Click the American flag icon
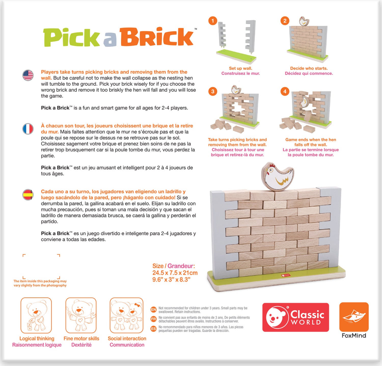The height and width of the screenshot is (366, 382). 28,75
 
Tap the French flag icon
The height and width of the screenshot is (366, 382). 28,129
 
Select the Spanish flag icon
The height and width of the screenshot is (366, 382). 28,195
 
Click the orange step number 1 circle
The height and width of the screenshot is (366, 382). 213,21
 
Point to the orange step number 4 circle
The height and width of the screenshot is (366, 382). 285,91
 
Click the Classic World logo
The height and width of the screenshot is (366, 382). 295,317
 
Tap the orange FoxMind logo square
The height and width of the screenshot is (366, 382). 354,317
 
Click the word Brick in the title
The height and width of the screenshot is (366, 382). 156,37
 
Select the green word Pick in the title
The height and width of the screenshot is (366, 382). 72,38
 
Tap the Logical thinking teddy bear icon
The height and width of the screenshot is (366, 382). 36,316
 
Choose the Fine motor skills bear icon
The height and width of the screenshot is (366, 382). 81,316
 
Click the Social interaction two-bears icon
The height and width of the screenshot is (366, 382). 127,316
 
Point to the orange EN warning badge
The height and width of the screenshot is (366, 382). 154,310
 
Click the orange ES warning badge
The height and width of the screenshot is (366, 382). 154,329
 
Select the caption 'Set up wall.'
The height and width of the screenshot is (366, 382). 240,68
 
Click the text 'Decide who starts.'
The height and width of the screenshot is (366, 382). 309,68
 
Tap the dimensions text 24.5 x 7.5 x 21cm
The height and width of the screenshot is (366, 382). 175,273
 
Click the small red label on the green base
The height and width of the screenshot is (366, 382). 285,275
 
